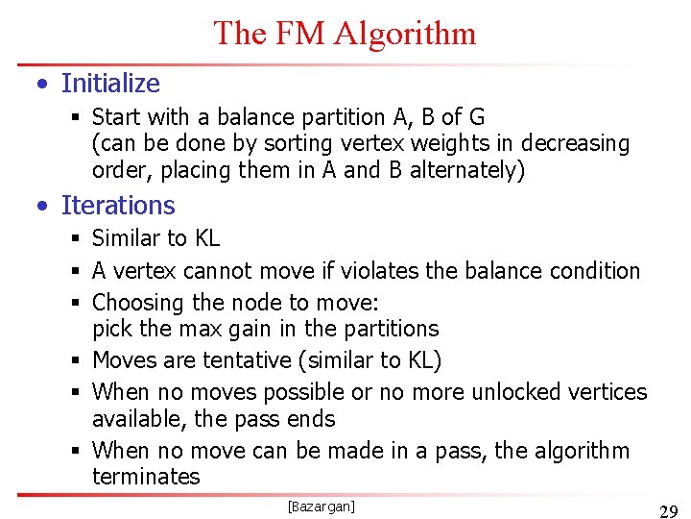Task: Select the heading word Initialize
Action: [x=110, y=84]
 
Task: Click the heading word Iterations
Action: [x=118, y=206]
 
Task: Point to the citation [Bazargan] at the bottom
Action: [x=322, y=506]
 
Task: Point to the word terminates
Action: [x=146, y=477]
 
